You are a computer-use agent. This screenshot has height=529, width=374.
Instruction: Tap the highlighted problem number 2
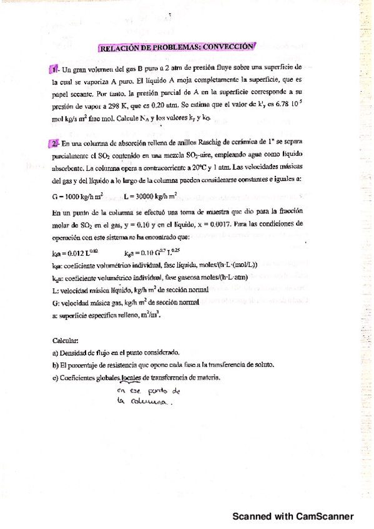pos(54,144)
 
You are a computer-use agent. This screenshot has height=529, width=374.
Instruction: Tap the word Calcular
pos(66,341)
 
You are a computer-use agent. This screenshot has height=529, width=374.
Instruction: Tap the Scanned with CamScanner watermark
pos(293,517)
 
